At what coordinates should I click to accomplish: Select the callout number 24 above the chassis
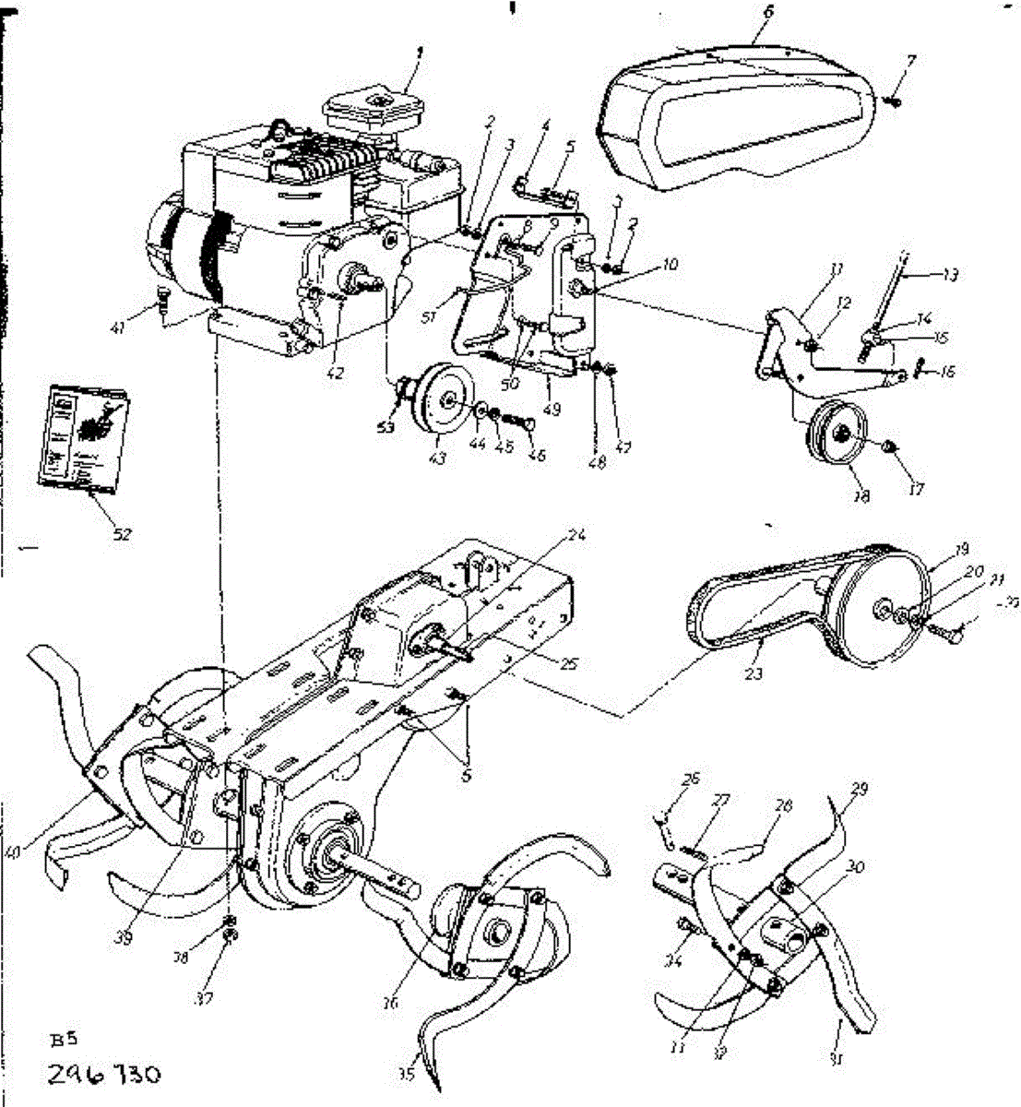coord(577,535)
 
